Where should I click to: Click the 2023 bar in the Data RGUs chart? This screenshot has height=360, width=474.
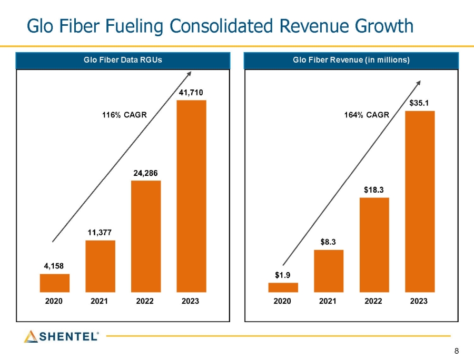tap(191, 196)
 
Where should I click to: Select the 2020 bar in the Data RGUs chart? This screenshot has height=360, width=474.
tap(54, 283)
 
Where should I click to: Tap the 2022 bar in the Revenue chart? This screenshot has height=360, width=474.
tap(374, 245)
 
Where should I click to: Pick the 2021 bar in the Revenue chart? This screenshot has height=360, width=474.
tap(329, 271)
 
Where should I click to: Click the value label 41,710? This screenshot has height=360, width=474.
tap(191, 93)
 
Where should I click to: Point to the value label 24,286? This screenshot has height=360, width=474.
tap(145, 173)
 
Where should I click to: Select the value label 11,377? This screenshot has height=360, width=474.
tap(100, 232)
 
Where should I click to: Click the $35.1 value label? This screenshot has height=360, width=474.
tap(419, 103)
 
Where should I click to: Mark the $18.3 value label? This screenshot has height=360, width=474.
tap(374, 189)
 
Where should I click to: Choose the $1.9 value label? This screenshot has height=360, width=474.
tap(283, 275)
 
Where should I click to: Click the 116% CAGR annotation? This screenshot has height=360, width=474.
tap(124, 114)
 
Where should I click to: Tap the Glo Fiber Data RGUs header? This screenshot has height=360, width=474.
tap(123, 61)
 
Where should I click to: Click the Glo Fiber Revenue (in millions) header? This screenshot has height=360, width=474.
tap(351, 61)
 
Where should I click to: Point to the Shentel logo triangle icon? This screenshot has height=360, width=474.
tap(31, 336)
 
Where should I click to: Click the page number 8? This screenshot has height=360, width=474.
tap(456, 351)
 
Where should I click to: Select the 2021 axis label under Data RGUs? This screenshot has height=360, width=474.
tap(100, 301)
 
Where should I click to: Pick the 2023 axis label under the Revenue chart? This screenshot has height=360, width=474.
tap(419, 301)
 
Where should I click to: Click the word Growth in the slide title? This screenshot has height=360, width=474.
tap(377, 25)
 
